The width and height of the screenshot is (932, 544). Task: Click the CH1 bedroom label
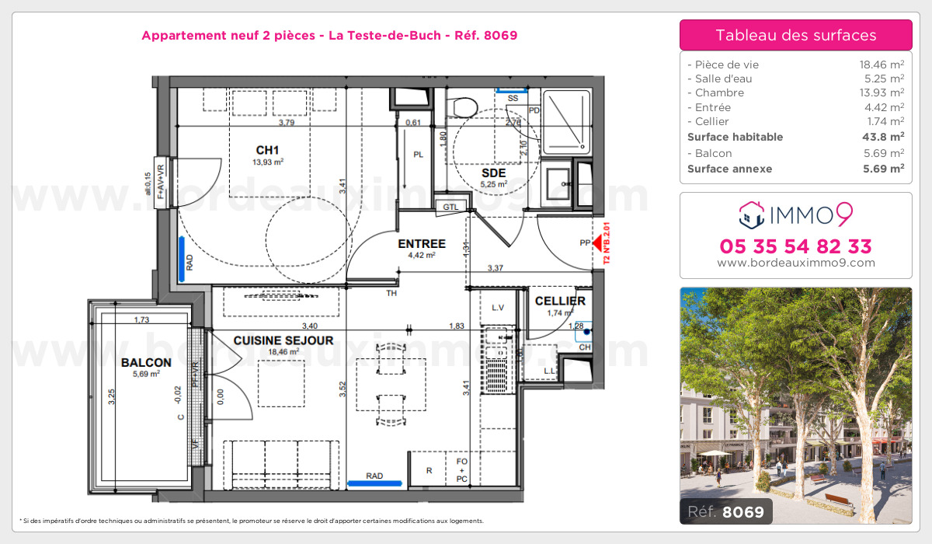[267, 150]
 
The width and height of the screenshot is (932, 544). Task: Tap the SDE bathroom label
[493, 172]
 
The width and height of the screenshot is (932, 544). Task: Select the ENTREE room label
[421, 243]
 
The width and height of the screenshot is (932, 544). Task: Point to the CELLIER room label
[560, 301]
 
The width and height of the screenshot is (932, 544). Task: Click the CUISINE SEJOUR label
[283, 340]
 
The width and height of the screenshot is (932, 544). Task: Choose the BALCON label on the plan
[146, 362]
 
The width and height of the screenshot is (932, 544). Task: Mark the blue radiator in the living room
[374, 483]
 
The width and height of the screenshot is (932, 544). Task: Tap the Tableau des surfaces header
[795, 35]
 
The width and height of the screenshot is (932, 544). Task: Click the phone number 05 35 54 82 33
[795, 246]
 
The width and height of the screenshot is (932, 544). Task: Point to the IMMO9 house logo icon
[751, 213]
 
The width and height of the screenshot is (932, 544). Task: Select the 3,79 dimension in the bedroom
[286, 122]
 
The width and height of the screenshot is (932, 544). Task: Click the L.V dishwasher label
[497, 308]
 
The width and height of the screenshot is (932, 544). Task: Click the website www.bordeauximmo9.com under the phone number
[795, 263]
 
